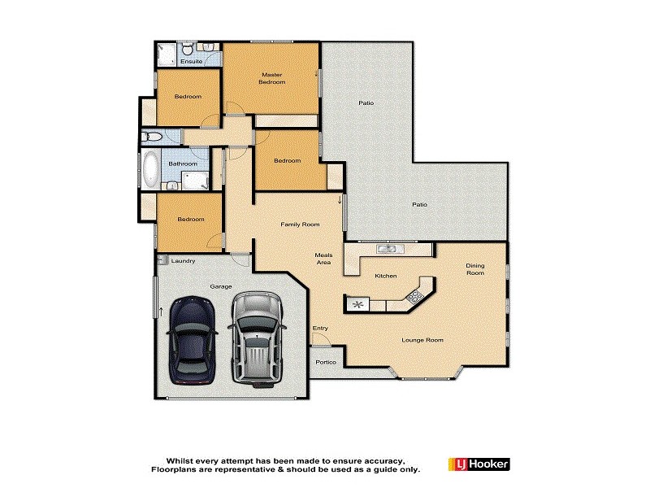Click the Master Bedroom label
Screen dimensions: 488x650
point(272,78)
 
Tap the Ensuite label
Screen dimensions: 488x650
point(191,62)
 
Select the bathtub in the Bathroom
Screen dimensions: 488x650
point(151,169)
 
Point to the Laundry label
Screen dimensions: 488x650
point(184,261)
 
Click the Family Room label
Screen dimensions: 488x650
point(300,224)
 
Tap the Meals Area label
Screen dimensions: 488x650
point(324,259)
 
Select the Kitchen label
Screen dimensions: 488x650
point(385,277)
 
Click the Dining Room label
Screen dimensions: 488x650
point(474,269)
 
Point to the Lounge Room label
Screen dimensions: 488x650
point(422,340)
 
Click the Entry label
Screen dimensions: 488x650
point(320,329)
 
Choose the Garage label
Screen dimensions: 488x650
point(222,286)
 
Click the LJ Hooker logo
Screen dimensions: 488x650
point(479,464)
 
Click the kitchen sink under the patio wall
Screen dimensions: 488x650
point(385,248)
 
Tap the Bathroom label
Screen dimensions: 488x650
point(183,163)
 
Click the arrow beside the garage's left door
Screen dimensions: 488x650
point(161,312)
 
